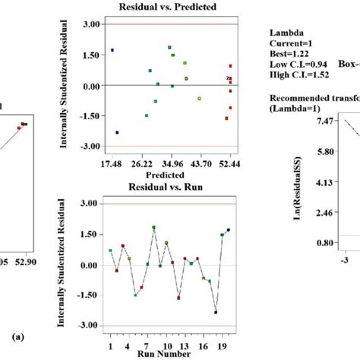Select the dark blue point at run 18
click(216, 312)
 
